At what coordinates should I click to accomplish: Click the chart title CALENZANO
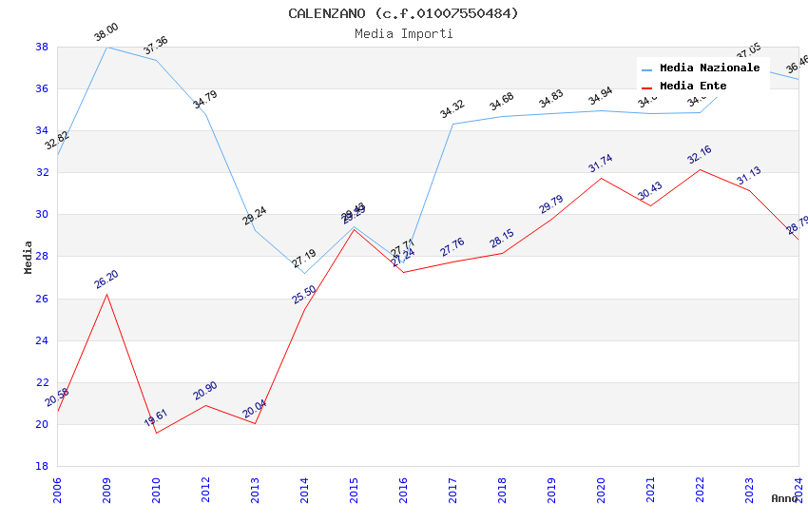tap(403, 13)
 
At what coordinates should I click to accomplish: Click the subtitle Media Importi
tap(403, 33)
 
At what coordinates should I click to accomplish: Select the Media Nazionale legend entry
tap(709, 68)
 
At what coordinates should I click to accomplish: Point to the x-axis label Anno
tap(784, 498)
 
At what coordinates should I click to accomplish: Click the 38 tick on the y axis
tap(42, 47)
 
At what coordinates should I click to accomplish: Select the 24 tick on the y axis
tap(42, 340)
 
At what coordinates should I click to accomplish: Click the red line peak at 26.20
tap(106, 294)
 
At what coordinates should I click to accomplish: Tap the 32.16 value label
tap(699, 155)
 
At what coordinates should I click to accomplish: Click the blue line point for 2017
tap(452, 124)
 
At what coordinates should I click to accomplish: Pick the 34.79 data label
tap(204, 100)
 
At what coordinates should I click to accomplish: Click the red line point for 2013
tap(255, 423)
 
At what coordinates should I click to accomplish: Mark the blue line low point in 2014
tap(304, 273)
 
